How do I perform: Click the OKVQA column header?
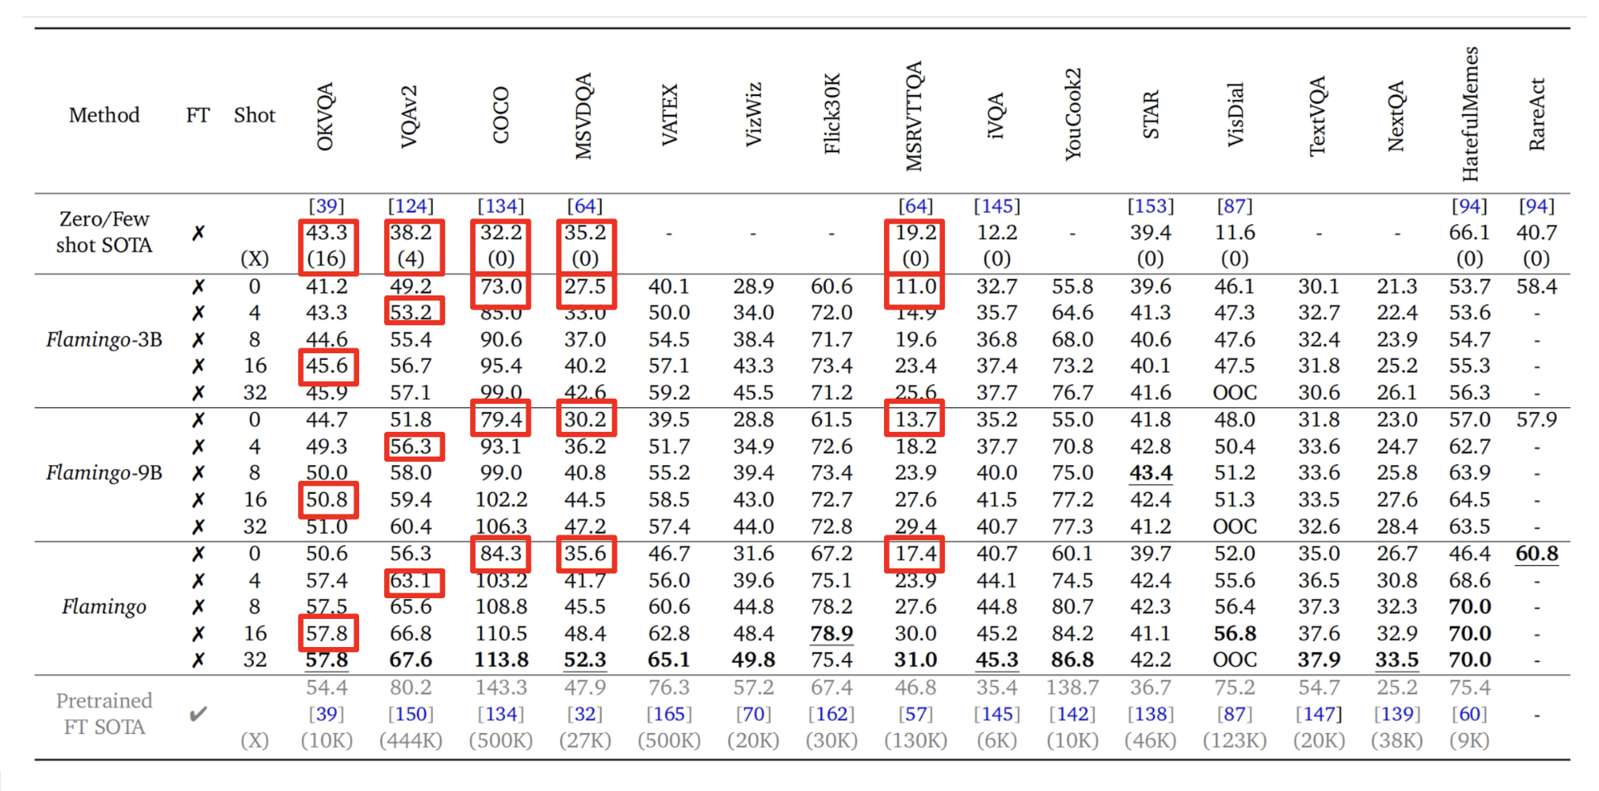pyautogui.click(x=325, y=117)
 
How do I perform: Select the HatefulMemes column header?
pyautogui.click(x=1469, y=113)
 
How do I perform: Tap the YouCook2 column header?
pyautogui.click(x=1072, y=114)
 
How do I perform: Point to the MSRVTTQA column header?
pyautogui.click(x=914, y=116)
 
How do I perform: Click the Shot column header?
pyautogui.click(x=254, y=115)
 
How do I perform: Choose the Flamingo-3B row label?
pyautogui.click(x=103, y=339)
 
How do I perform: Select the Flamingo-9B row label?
pyautogui.click(x=103, y=472)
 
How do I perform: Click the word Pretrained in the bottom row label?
pyautogui.click(x=103, y=700)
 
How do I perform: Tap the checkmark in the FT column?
pyautogui.click(x=198, y=713)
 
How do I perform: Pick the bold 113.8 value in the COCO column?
pyautogui.click(x=501, y=659)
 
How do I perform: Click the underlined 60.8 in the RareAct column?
pyautogui.click(x=1536, y=553)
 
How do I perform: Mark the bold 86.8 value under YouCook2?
pyautogui.click(x=1072, y=659)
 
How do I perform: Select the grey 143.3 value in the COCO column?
pyautogui.click(x=501, y=687)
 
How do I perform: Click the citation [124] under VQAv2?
pyautogui.click(x=411, y=206)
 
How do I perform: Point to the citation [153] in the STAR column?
pyautogui.click(x=1150, y=206)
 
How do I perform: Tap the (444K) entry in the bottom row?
pyautogui.click(x=411, y=740)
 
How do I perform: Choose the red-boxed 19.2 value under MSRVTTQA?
pyautogui.click(x=915, y=233)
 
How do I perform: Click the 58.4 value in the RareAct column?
pyautogui.click(x=1536, y=286)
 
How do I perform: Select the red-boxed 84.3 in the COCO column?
pyautogui.click(x=501, y=553)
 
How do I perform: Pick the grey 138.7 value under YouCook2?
pyautogui.click(x=1072, y=687)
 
